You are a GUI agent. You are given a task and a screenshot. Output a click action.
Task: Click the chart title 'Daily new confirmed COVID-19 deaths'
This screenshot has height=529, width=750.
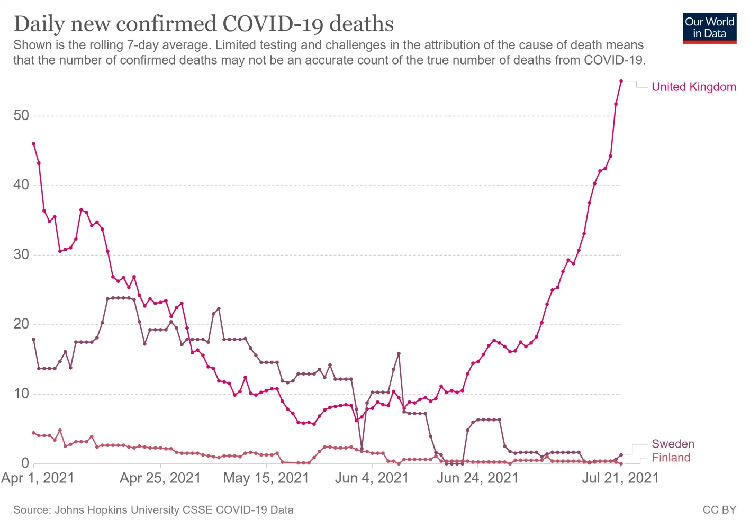pyautogui.click(x=204, y=24)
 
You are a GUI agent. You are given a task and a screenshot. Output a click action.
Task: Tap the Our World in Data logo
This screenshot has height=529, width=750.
pyautogui.click(x=709, y=28)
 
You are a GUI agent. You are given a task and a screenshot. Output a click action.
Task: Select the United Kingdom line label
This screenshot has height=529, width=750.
pyautogui.click(x=693, y=87)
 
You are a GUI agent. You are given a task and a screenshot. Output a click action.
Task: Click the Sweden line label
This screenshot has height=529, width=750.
pyautogui.click(x=672, y=444)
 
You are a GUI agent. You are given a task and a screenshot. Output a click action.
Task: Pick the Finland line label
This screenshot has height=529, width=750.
pyautogui.click(x=671, y=458)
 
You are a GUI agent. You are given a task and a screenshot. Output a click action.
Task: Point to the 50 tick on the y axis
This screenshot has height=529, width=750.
pyautogui.click(x=21, y=115)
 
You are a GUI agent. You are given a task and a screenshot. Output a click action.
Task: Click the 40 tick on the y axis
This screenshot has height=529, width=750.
pyautogui.click(x=21, y=185)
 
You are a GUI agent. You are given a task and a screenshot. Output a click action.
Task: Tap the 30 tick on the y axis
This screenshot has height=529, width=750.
pyautogui.click(x=21, y=254)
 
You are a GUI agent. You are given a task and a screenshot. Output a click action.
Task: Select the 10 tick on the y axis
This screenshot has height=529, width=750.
pyautogui.click(x=21, y=394)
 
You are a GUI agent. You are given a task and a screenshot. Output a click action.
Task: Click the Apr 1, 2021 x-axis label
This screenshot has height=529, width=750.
pyautogui.click(x=38, y=478)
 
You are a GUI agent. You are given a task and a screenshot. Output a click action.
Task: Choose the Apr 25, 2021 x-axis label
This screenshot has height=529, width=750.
pyautogui.click(x=160, y=478)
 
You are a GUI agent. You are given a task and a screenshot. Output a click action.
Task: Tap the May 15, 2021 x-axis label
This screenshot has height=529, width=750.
pyautogui.click(x=266, y=478)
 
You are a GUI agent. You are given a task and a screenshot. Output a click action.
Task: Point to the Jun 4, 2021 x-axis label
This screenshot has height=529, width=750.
pyautogui.click(x=372, y=478)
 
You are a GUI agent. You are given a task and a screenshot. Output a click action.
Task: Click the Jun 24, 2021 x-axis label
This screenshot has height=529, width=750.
pyautogui.click(x=477, y=478)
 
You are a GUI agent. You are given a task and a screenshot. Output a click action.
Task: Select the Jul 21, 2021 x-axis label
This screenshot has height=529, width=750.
pyautogui.click(x=620, y=478)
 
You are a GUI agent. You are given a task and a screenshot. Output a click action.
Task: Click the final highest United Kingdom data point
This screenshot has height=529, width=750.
pyautogui.click(x=621, y=81)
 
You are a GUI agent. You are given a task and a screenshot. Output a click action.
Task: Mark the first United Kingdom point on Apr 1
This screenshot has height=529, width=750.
pyautogui.click(x=33, y=143)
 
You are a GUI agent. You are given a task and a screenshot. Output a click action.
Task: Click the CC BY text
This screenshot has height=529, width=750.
pyautogui.click(x=719, y=510)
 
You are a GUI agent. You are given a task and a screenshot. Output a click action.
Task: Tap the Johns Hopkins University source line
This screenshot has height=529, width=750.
pyautogui.click(x=153, y=510)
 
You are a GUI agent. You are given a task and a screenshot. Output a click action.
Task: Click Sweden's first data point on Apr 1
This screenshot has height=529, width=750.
pyautogui.click(x=33, y=339)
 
